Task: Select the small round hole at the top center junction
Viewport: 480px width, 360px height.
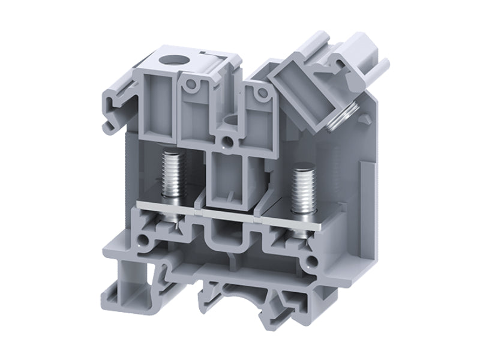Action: point(227,142)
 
